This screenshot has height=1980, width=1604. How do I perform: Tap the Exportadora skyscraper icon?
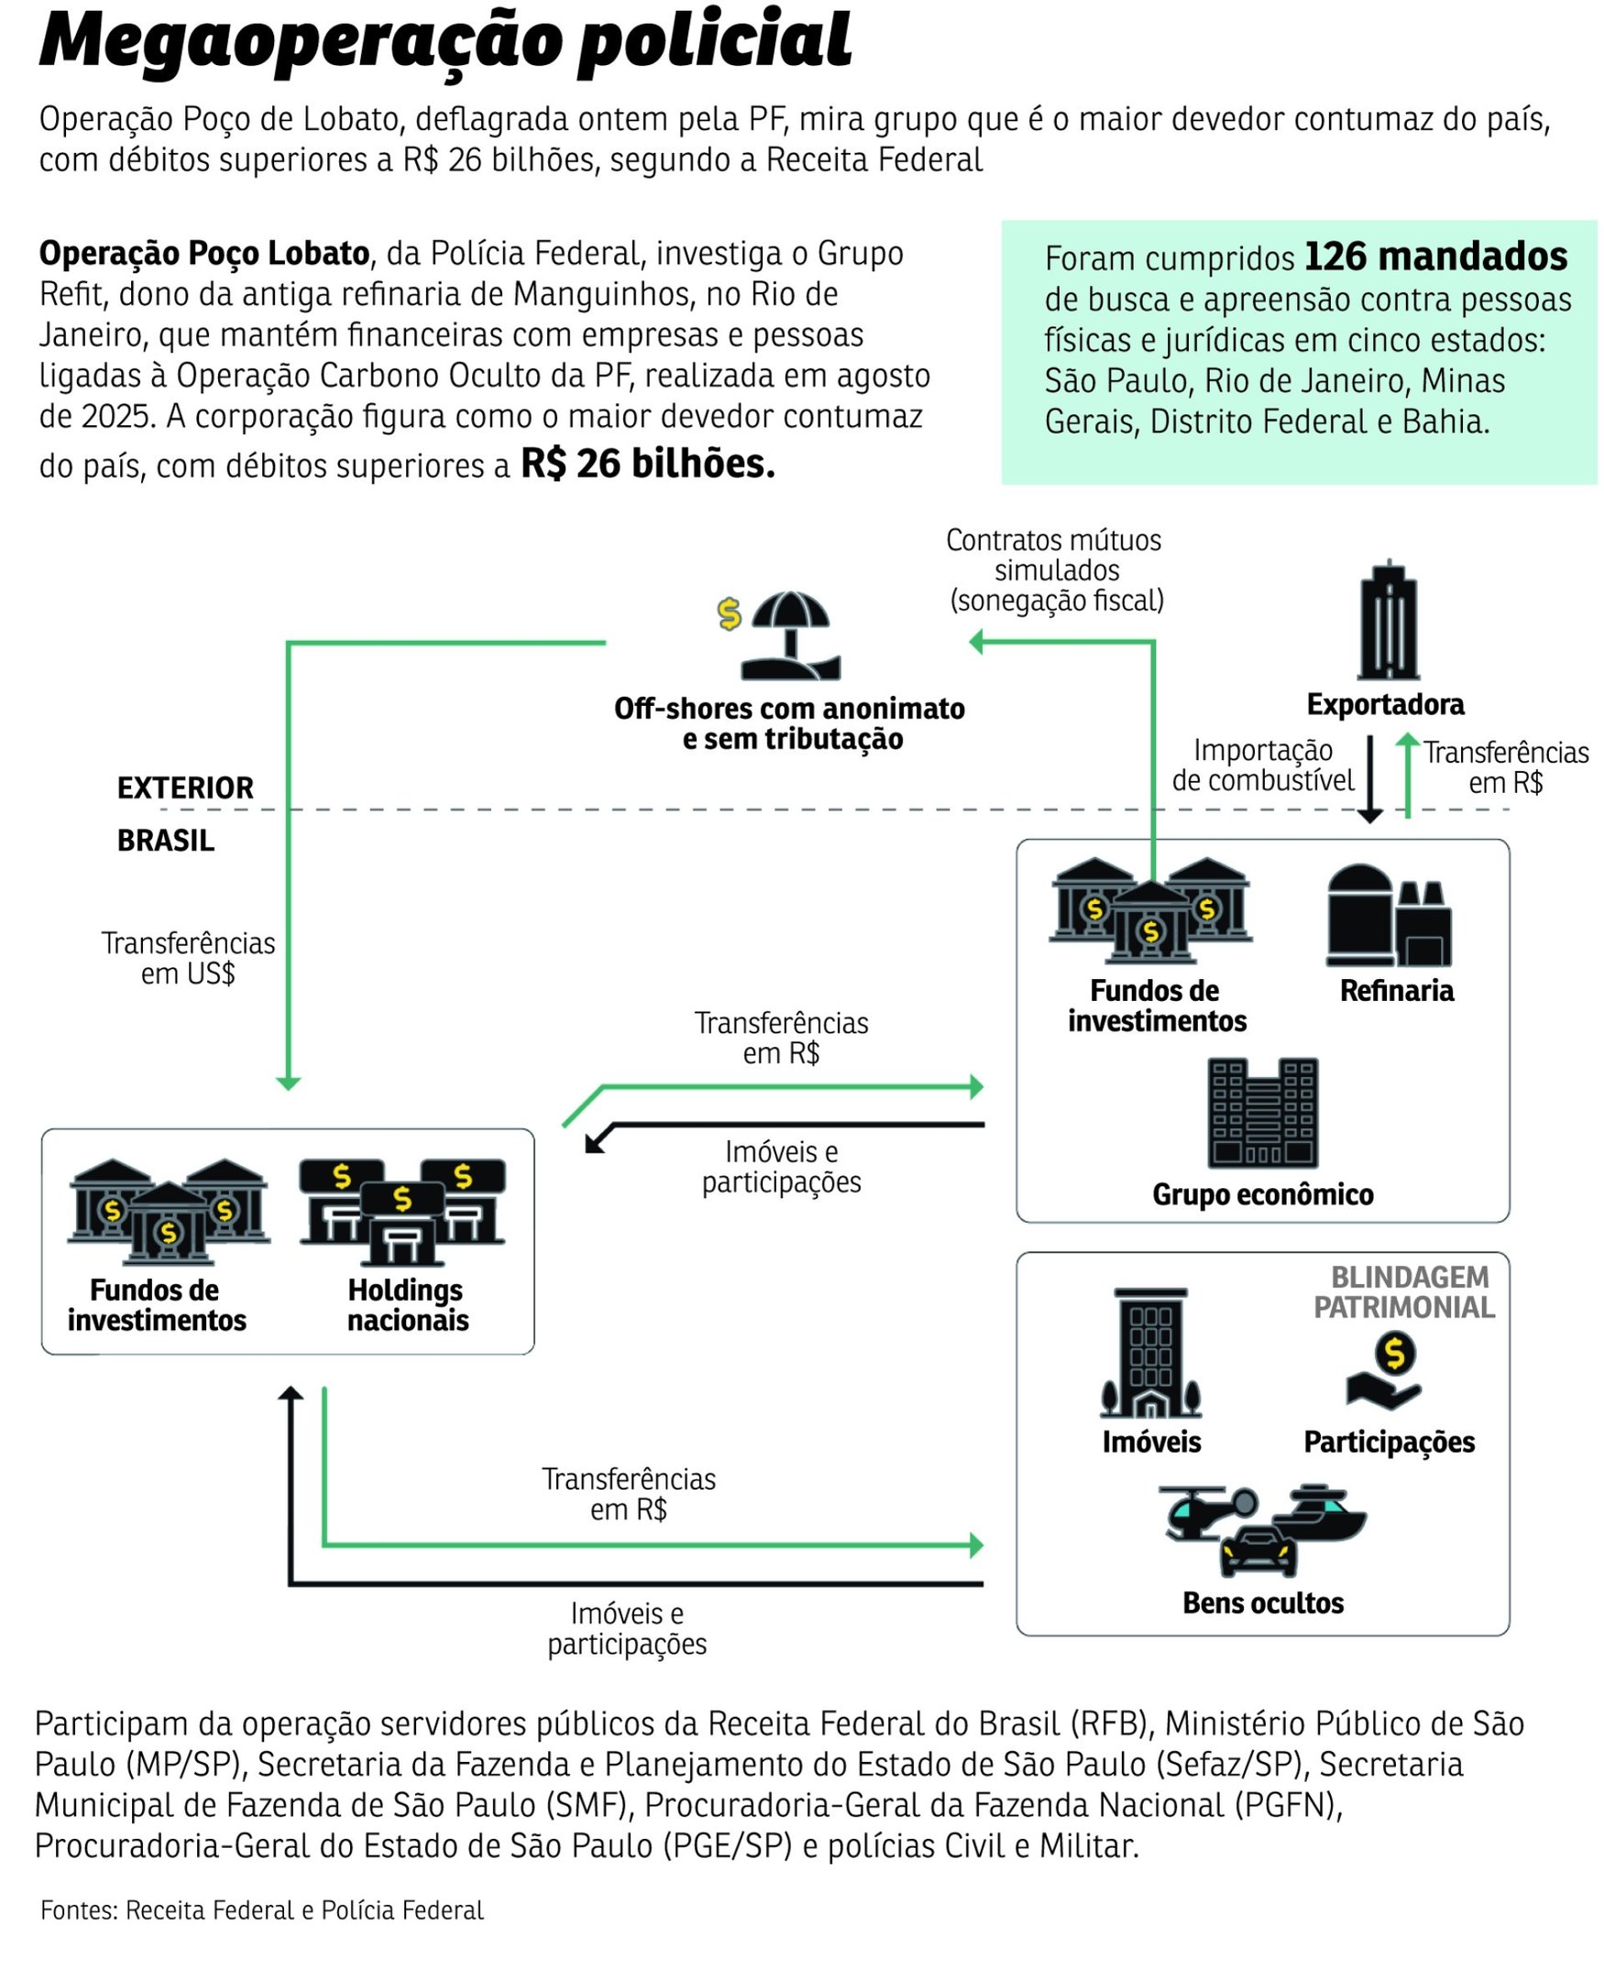(x=1388, y=621)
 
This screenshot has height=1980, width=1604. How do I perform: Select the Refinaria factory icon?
(x=1388, y=916)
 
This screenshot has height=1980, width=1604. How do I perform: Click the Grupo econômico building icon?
(x=1262, y=1113)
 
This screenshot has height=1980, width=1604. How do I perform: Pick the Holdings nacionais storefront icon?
(x=402, y=1210)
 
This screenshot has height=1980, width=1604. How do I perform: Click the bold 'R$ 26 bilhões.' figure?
(x=648, y=464)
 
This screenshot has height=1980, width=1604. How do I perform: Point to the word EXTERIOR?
(x=185, y=788)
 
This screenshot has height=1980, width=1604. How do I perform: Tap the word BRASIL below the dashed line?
(x=165, y=841)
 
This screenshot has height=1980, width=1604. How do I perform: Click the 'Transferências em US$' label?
(x=188, y=958)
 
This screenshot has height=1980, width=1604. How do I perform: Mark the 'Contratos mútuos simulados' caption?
(x=1054, y=570)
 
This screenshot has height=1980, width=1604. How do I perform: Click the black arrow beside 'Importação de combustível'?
(x=1369, y=777)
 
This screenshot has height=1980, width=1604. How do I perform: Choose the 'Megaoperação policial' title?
(x=445, y=41)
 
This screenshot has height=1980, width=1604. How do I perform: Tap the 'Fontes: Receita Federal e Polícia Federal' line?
(x=261, y=1909)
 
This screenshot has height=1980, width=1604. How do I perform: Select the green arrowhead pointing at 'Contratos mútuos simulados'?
(x=977, y=642)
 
